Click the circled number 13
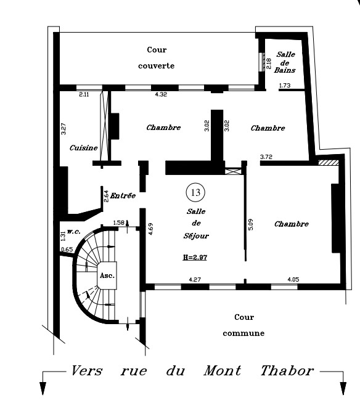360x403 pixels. pyautogui.click(x=195, y=192)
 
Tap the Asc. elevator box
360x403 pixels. pyautogui.click(x=107, y=275)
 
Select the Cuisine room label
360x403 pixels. pyautogui.click(x=84, y=148)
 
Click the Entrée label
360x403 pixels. pyautogui.click(x=123, y=195)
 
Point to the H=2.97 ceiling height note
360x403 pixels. pyautogui.click(x=195, y=258)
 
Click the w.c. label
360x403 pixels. pyautogui.click(x=73, y=232)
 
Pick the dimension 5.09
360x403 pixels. pyautogui.click(x=251, y=224)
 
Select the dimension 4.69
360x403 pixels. pyautogui.click(x=150, y=229)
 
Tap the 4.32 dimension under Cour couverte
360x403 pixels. pyautogui.click(x=161, y=94)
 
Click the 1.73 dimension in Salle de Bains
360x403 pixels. pyautogui.click(x=285, y=85)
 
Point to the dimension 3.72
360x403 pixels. pyautogui.click(x=266, y=157)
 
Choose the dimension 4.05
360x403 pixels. pyautogui.click(x=293, y=279)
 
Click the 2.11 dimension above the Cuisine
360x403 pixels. pyautogui.click(x=84, y=94)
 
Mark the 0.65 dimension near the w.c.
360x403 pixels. pyautogui.click(x=67, y=250)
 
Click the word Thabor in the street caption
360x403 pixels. pyautogui.click(x=287, y=370)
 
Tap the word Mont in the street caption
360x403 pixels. pyautogui.click(x=223, y=370)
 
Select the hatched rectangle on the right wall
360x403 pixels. pyautogui.click(x=329, y=163)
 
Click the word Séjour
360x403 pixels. pyautogui.click(x=196, y=235)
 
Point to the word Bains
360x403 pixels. pyautogui.click(x=284, y=70)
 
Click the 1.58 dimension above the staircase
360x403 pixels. pyautogui.click(x=118, y=222)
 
